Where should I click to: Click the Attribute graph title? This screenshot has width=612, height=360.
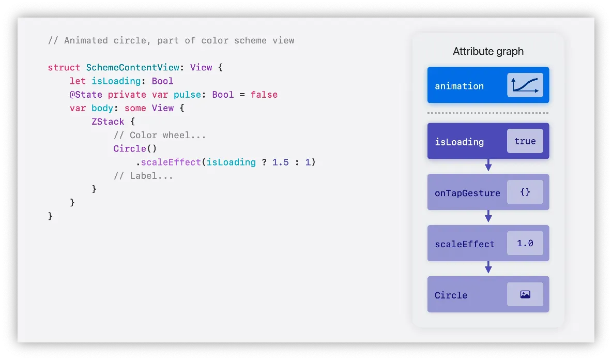pos(488,51)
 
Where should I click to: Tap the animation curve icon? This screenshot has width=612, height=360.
pos(525,85)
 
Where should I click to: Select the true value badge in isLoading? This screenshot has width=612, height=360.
pos(525,141)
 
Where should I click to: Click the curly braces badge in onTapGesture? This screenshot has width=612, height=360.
pos(525,192)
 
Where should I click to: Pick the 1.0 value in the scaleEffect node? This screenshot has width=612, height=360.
pos(525,243)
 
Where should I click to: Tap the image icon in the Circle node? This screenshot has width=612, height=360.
pos(525,294)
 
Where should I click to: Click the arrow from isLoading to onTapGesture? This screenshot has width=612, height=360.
pos(488,166)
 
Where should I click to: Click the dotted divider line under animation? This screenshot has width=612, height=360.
pos(488,113)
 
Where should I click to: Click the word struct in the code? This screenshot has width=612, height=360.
pos(64,68)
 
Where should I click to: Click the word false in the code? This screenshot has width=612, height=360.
pos(264,95)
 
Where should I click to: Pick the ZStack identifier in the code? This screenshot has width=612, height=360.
pos(108,122)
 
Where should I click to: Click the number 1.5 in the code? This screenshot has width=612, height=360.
pos(280,162)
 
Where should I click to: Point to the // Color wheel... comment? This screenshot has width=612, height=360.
pos(160,135)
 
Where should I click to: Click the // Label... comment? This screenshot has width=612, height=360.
pos(143,176)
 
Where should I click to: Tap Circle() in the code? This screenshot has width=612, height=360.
pos(135,148)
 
